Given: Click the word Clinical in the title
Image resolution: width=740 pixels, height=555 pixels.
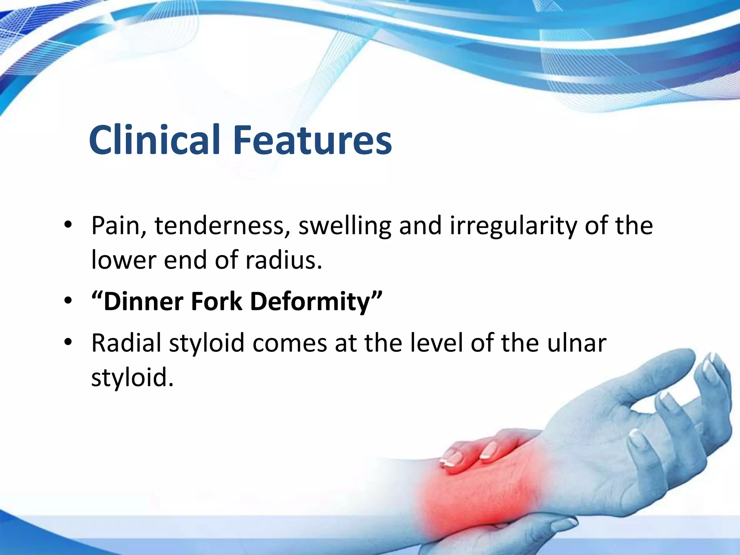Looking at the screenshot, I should pos(154,140).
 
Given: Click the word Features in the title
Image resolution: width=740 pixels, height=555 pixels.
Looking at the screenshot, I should pos(313,140).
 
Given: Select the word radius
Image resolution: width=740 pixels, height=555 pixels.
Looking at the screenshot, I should pos(283,260).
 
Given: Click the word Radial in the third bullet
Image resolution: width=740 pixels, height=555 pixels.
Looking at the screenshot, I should pos(126,343).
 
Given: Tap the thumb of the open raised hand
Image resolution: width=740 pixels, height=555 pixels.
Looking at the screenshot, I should pos(668,372).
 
